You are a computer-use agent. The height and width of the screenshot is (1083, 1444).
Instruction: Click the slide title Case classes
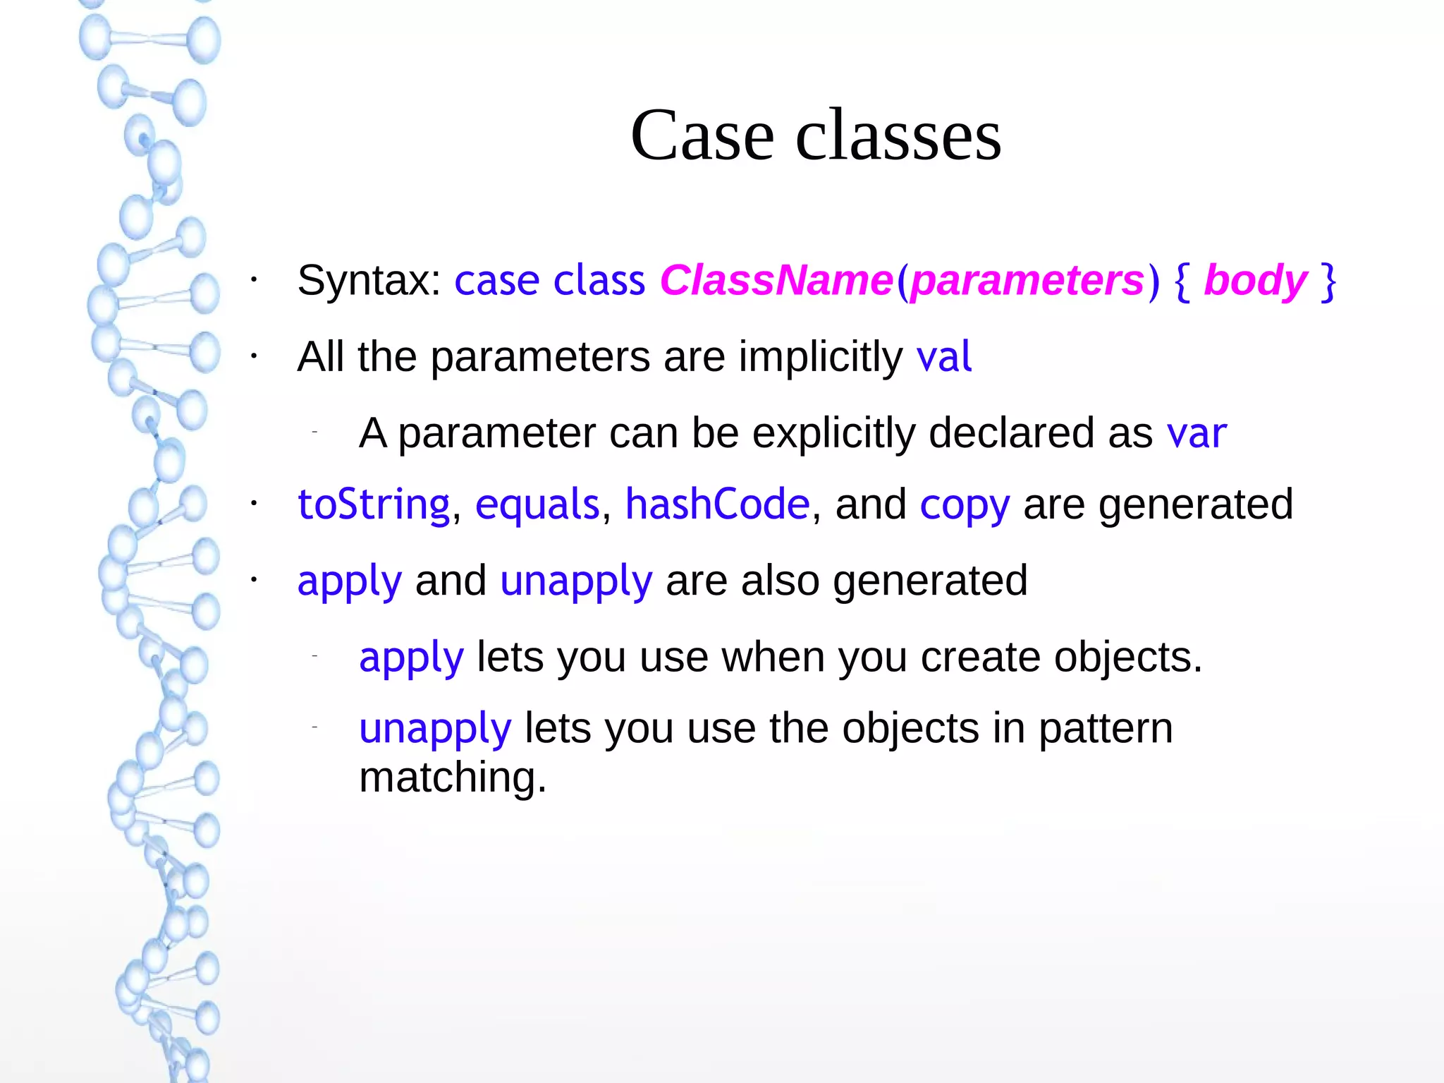(816, 135)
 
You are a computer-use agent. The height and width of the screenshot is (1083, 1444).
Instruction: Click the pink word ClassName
(776, 281)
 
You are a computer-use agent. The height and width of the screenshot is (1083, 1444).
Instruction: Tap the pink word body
(1255, 281)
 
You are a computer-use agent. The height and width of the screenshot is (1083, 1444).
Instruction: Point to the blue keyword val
(944, 356)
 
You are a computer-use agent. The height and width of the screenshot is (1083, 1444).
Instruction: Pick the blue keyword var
(1197, 432)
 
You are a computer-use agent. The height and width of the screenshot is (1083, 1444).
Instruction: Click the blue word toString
(374, 505)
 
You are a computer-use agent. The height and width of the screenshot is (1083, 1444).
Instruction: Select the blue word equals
(537, 505)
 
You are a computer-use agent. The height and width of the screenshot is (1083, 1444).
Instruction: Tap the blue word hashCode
(718, 505)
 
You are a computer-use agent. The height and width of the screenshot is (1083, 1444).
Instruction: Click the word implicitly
(821, 356)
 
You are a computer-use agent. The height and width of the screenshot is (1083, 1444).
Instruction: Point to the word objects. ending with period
(1128, 658)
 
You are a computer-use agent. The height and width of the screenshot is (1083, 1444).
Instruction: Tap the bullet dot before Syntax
(254, 281)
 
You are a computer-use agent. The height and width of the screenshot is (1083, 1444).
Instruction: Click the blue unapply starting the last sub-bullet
(435, 729)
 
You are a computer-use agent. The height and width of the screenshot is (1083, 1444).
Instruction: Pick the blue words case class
(549, 281)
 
